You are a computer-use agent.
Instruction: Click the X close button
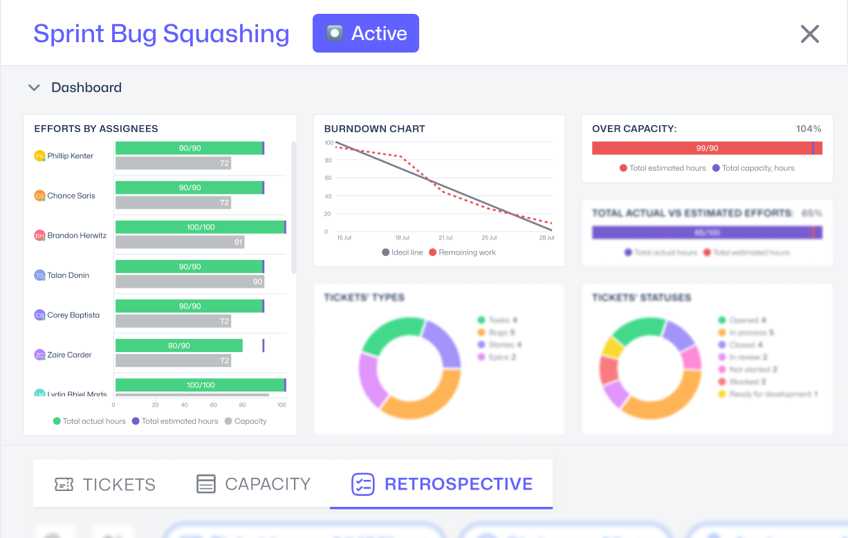810,34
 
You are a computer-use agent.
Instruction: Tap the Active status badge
366,33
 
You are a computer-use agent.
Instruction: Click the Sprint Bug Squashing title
161,34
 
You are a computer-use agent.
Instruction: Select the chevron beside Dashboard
34,88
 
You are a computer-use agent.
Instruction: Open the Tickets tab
105,484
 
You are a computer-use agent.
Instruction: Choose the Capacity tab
254,484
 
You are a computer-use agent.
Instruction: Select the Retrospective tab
442,484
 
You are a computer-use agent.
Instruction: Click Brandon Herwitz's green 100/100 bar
200,227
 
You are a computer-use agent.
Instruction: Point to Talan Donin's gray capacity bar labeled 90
190,281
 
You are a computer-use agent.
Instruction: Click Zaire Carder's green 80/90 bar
179,346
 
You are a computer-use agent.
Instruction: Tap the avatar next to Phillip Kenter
40,156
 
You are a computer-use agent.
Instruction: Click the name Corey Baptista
73,315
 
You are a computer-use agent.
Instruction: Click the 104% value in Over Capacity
808,129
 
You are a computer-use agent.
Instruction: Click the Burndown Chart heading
374,129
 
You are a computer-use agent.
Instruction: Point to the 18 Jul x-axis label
403,238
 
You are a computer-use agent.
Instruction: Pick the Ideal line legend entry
403,252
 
